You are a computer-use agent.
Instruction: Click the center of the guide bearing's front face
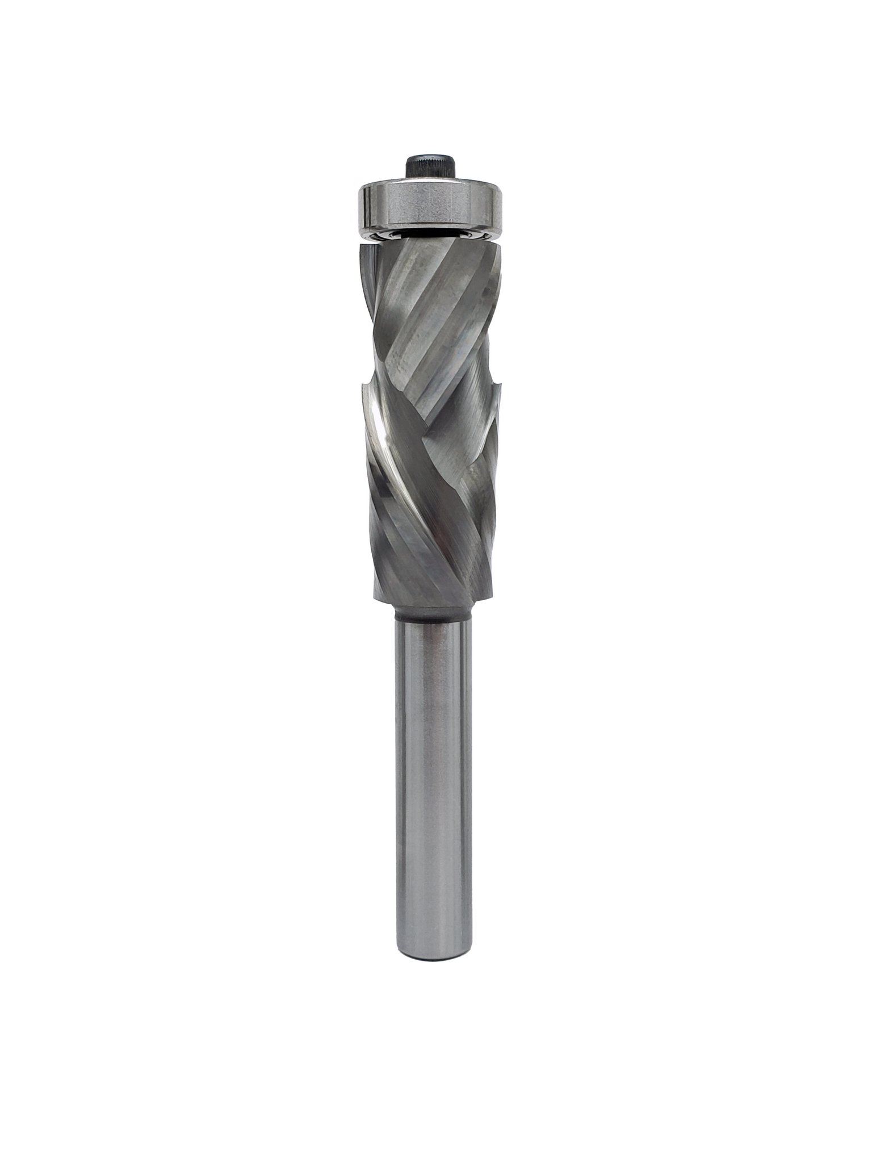pos(430,207)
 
